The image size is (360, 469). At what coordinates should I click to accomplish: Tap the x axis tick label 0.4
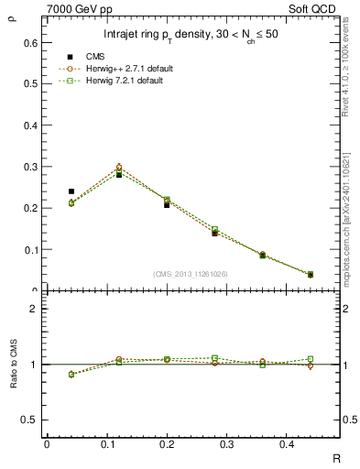(x=311, y=444)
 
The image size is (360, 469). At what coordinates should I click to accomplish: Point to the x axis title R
(x=336, y=457)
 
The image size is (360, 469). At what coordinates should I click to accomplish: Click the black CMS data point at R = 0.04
(x=71, y=191)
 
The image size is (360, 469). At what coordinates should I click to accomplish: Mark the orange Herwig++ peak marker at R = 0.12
(x=119, y=168)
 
